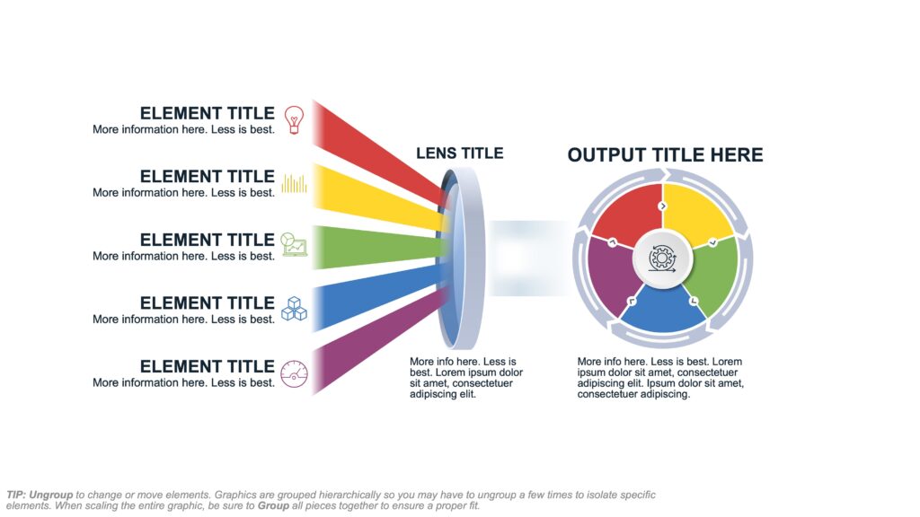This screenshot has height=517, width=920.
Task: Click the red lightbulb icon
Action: (294, 119)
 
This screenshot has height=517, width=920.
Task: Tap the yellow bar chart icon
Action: (294, 183)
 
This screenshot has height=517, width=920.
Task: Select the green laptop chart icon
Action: (294, 244)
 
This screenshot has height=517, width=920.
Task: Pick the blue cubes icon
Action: (294, 309)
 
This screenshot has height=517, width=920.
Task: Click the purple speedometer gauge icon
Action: (294, 374)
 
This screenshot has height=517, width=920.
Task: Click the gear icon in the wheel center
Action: (662, 258)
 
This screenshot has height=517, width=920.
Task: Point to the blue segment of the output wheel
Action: (663, 310)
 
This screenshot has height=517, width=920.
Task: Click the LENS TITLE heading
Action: (459, 153)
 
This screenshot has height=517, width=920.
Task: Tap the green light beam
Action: (378, 248)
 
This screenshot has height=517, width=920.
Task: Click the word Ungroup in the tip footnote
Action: (51, 495)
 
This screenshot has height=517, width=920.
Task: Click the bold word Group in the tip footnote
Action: (273, 505)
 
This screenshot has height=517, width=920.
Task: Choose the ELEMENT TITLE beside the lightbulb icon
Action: (208, 113)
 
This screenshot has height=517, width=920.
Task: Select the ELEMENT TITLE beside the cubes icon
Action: (208, 303)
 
